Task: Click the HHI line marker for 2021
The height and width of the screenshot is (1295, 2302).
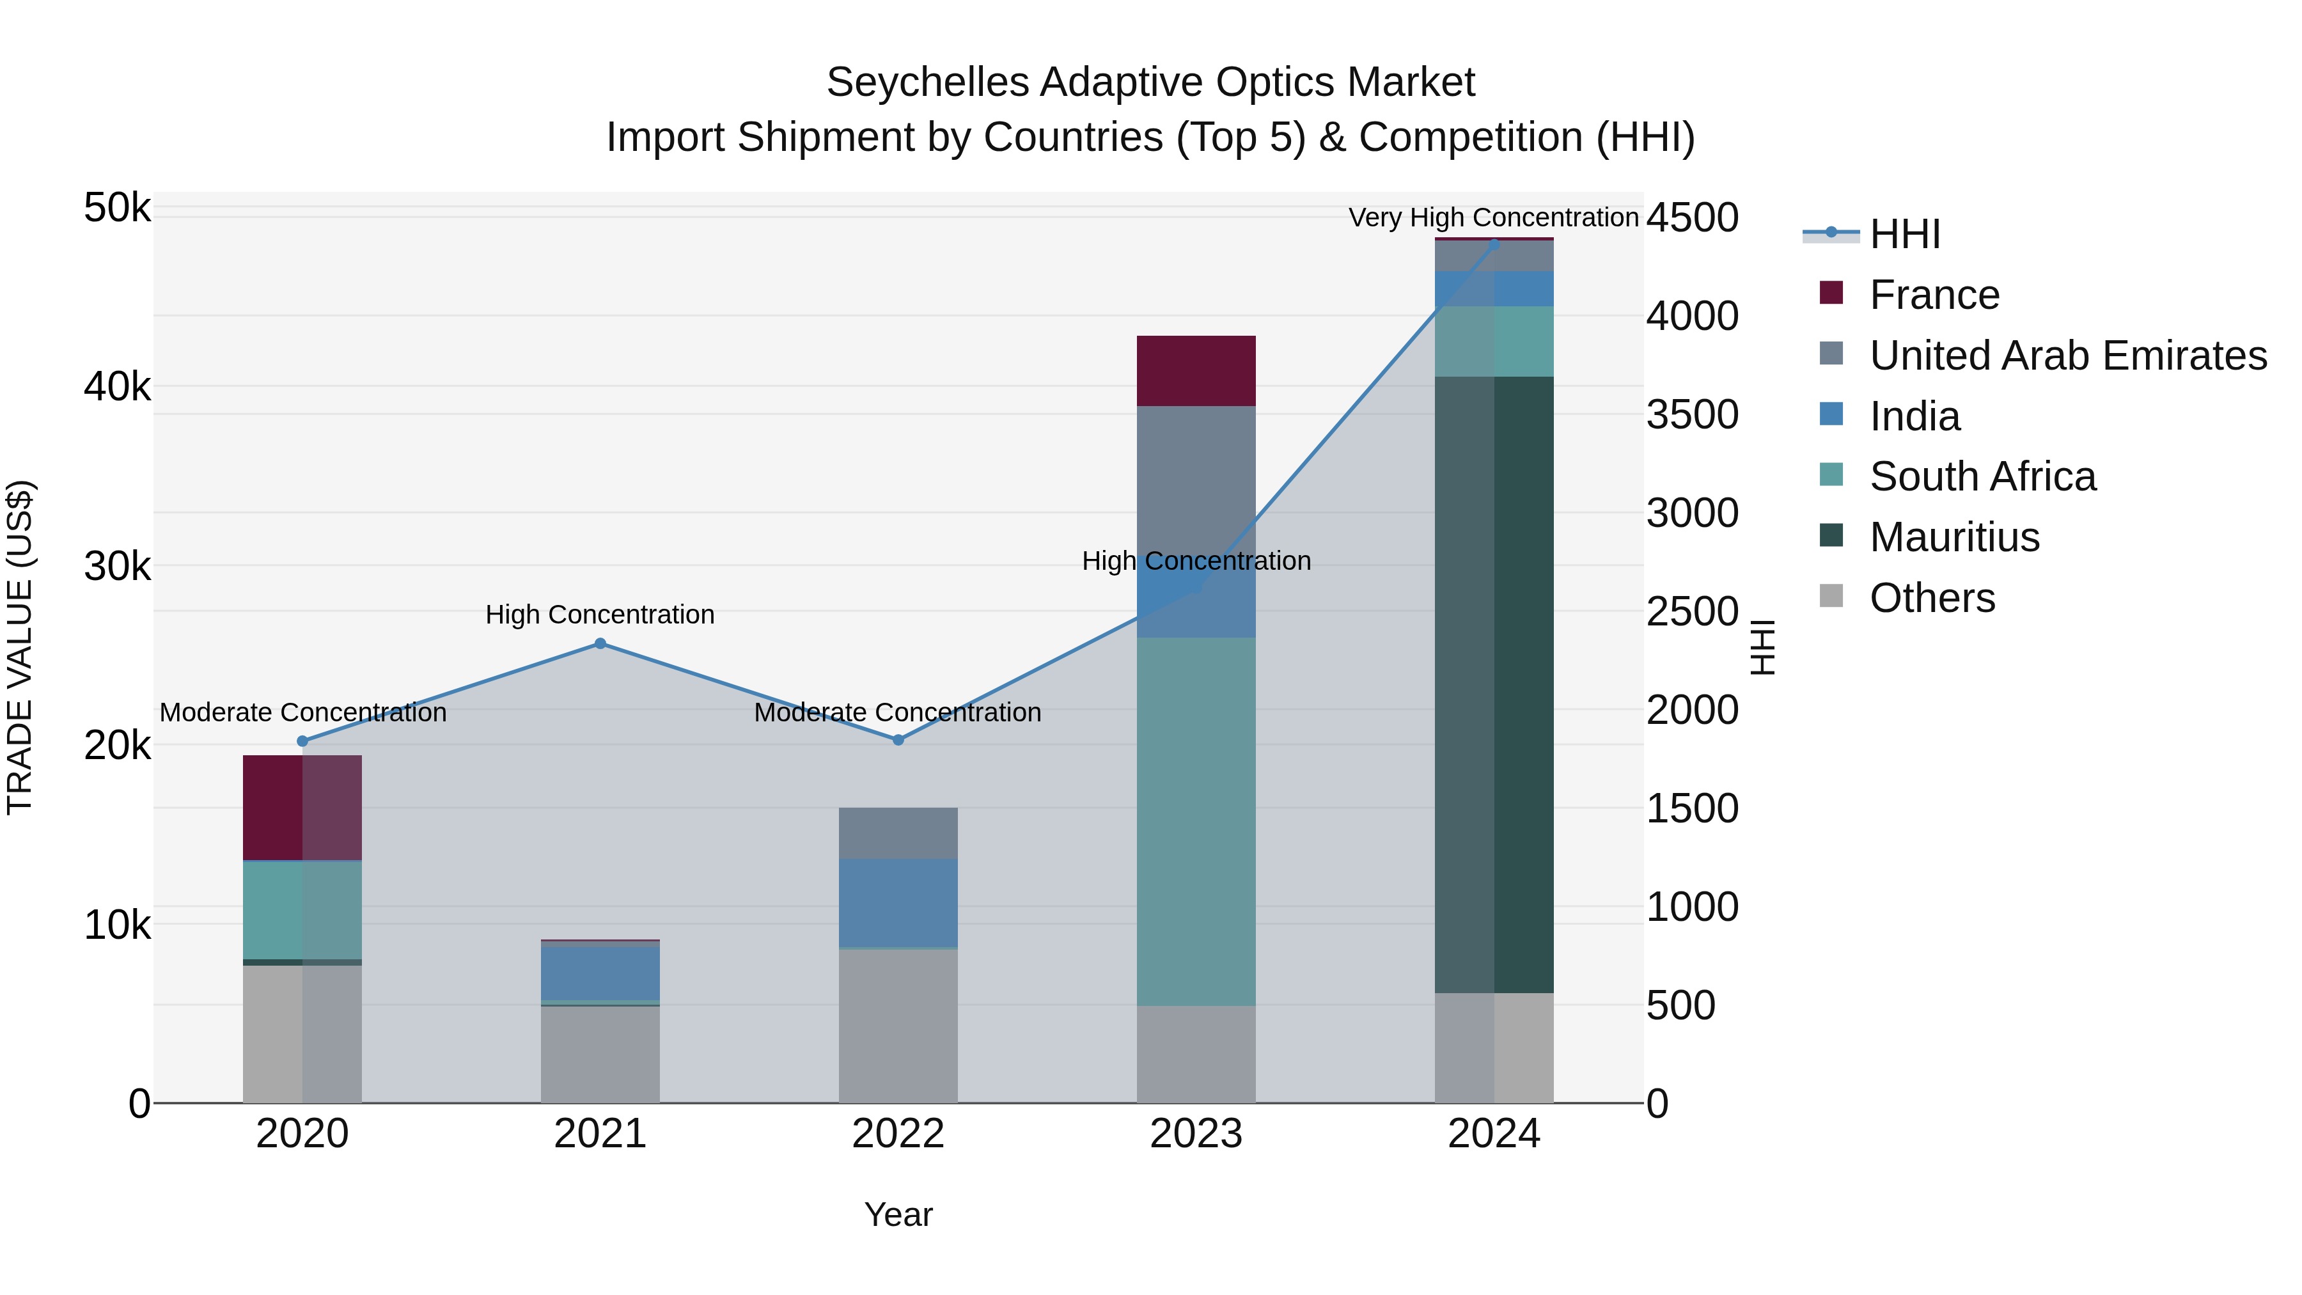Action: point(600,643)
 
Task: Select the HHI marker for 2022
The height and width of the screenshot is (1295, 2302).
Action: point(898,740)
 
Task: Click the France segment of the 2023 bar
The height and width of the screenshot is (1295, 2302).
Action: point(1196,371)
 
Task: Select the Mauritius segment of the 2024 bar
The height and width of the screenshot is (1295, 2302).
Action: point(1494,684)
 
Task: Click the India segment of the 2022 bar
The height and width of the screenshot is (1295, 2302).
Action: point(898,902)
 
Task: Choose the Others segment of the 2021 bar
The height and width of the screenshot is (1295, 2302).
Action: point(600,1054)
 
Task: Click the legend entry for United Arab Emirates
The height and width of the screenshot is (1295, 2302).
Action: point(2068,356)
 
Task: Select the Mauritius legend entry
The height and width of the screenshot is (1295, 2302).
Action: point(1954,537)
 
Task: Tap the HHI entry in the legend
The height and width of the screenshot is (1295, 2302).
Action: point(1904,234)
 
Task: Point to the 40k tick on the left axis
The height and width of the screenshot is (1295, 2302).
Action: point(117,387)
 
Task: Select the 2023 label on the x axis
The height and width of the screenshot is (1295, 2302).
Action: point(1196,1134)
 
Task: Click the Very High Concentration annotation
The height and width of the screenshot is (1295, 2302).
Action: point(1493,217)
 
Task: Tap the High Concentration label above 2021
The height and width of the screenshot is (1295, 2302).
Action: point(600,615)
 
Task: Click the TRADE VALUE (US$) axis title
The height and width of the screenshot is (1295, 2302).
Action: point(20,647)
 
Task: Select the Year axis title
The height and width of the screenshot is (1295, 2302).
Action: point(898,1214)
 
